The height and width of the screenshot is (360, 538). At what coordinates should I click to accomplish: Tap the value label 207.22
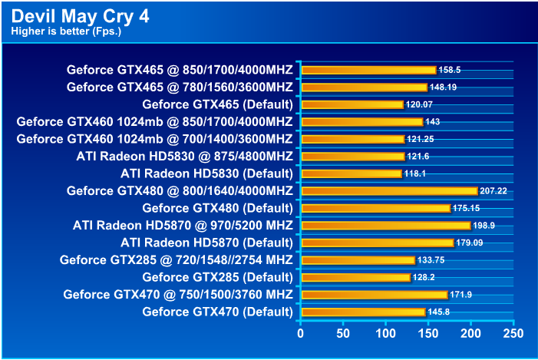494,190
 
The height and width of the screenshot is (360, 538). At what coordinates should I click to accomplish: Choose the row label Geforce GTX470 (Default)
218,312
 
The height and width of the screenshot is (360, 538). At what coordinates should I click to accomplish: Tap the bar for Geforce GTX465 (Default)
352,104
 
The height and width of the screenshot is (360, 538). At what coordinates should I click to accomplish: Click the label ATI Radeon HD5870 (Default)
206,243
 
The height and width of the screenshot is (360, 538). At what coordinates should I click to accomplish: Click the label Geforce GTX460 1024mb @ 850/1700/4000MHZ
154,121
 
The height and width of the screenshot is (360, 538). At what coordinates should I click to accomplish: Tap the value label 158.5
450,70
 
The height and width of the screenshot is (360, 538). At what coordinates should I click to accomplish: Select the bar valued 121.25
353,139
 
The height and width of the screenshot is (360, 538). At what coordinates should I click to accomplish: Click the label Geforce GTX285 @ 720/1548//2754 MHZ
176,259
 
